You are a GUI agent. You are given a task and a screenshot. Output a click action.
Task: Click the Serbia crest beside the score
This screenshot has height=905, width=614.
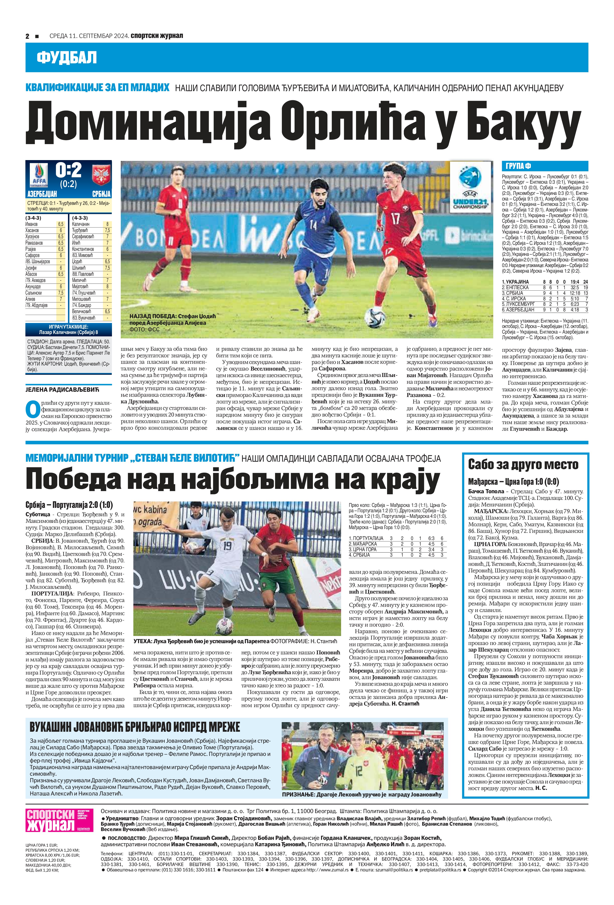101,174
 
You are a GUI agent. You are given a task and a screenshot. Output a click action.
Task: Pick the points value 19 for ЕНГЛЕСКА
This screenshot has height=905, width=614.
586,287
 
